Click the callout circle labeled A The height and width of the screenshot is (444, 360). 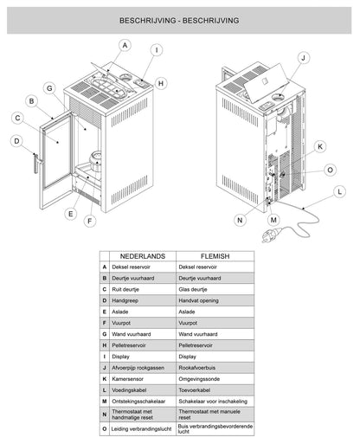[125, 45]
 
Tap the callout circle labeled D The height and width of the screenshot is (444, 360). [16, 140]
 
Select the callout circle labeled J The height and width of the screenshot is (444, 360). [304, 58]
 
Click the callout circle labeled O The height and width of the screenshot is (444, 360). [331, 170]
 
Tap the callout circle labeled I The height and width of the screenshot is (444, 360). [157, 49]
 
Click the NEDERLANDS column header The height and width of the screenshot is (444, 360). [143, 258]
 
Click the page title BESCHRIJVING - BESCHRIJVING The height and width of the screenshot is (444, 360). [180, 19]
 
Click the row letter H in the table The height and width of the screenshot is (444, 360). [104, 344]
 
